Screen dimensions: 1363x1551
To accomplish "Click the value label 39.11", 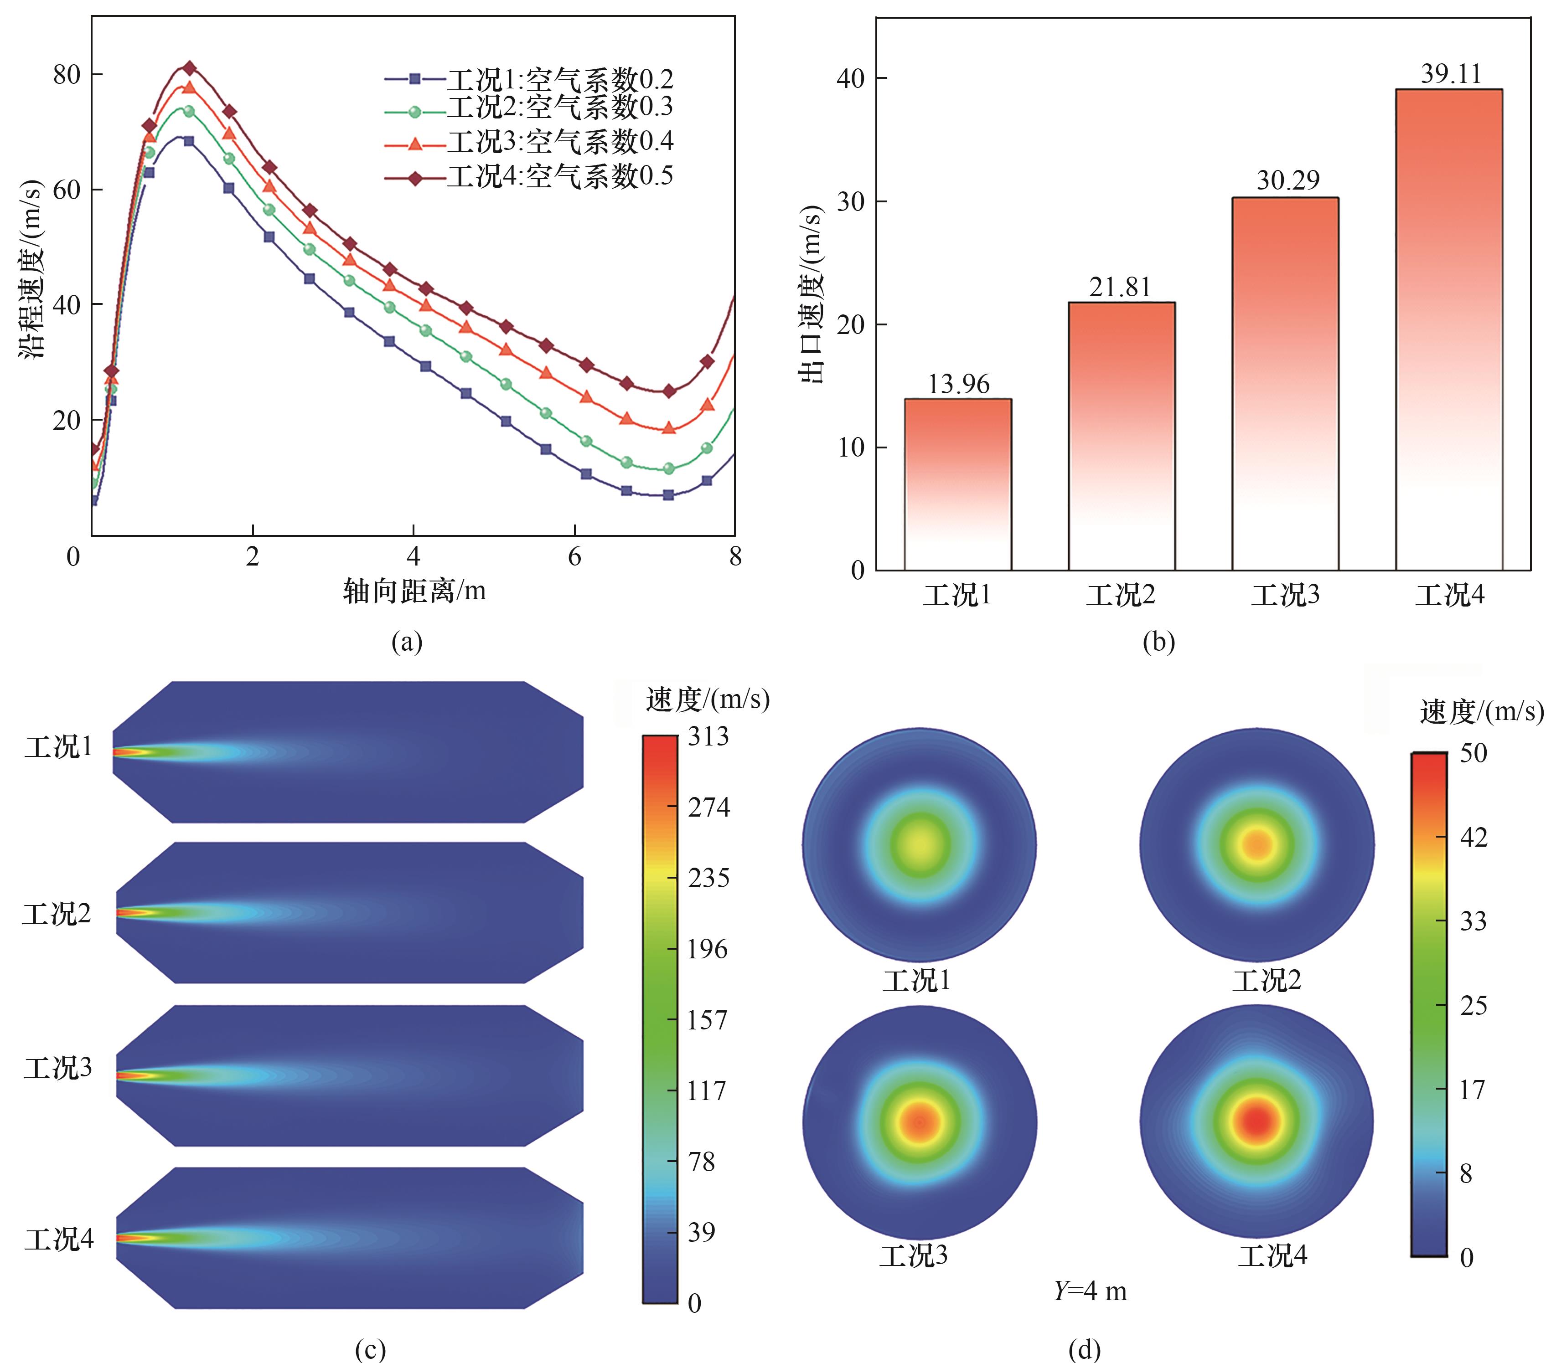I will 1451,73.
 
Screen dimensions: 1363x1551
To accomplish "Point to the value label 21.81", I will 1120,288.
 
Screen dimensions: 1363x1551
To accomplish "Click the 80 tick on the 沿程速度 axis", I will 67,74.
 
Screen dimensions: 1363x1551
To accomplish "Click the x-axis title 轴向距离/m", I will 414,590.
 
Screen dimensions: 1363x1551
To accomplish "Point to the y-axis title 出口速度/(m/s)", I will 811,294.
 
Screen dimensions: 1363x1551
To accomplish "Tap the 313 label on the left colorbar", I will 708,736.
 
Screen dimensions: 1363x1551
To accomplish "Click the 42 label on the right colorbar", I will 1473,838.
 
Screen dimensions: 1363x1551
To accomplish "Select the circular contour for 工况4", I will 1256,1122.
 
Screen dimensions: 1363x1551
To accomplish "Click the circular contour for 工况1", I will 919,844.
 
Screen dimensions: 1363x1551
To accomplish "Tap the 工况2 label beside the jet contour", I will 56,914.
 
